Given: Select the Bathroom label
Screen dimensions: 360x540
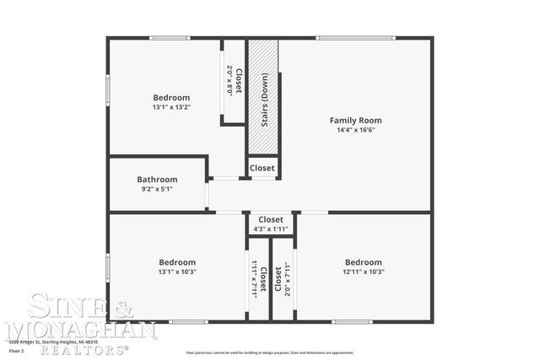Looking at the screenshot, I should [157, 180].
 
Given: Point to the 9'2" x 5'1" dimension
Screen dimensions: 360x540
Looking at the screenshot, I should [157, 190].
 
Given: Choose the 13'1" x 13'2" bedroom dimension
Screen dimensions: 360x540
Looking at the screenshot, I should [171, 108].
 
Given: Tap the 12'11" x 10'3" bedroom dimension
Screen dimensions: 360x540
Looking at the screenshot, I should [363, 272].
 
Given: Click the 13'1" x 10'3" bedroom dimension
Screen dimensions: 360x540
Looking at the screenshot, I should [177, 272].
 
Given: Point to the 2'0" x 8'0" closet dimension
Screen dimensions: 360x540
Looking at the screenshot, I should [229, 80].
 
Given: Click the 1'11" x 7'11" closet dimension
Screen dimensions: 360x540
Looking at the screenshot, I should [254, 279].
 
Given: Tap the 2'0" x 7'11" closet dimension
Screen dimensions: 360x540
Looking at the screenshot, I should [289, 279].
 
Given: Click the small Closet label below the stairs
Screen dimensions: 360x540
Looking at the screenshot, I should [262, 168].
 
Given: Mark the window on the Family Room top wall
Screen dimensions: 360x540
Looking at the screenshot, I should [354, 38].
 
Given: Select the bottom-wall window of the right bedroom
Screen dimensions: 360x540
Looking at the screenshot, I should [351, 321].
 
